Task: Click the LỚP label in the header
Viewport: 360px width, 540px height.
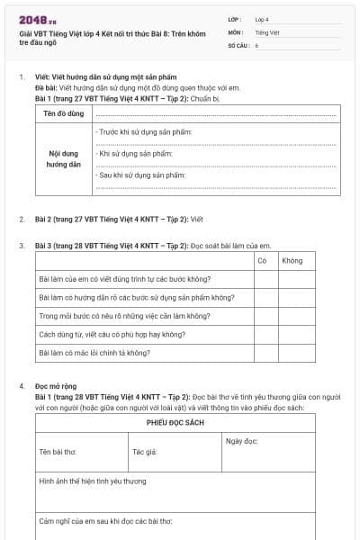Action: pos(235,19)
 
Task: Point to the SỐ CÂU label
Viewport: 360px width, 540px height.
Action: pos(238,44)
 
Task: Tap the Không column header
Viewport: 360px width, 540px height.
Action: pos(292,260)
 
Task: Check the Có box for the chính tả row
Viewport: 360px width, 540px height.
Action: pos(265,353)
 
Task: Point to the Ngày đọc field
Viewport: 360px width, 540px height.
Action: pos(241,441)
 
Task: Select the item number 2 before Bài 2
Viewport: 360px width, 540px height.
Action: pos(22,219)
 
